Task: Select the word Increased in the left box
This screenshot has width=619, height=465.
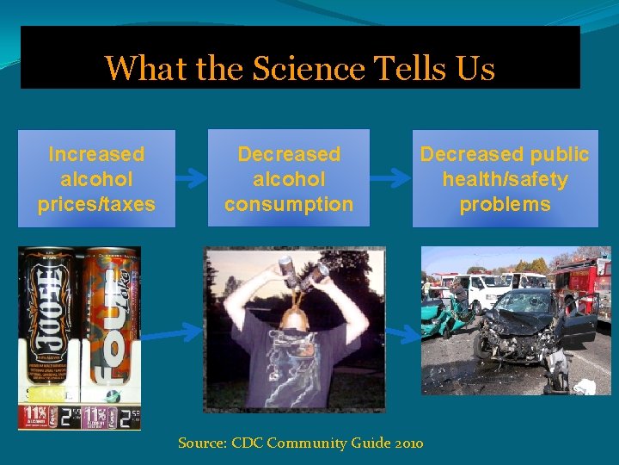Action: (x=96, y=154)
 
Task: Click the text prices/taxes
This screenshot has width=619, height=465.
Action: (x=96, y=204)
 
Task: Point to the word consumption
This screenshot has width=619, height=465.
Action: (x=289, y=204)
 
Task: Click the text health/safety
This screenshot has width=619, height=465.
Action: (x=505, y=179)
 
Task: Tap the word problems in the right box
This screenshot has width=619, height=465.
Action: (x=505, y=204)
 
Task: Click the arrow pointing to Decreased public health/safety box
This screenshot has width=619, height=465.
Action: (x=395, y=177)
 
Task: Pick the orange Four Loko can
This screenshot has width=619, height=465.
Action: (x=109, y=319)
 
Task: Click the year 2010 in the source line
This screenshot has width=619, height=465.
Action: (x=409, y=443)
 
